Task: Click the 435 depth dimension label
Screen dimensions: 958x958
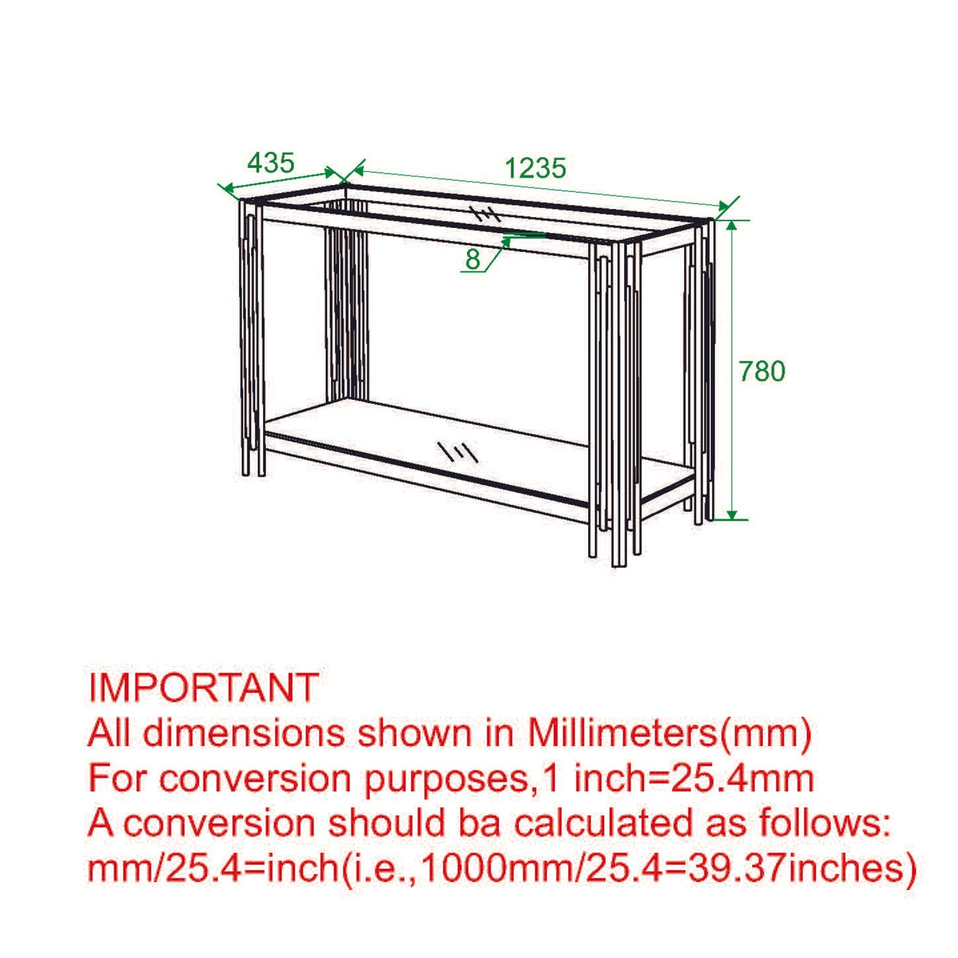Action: coord(271,162)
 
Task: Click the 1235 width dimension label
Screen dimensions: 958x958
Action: coord(536,168)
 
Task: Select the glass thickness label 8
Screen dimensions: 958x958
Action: coord(473,259)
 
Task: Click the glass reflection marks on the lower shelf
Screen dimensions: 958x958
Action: coord(457,451)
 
